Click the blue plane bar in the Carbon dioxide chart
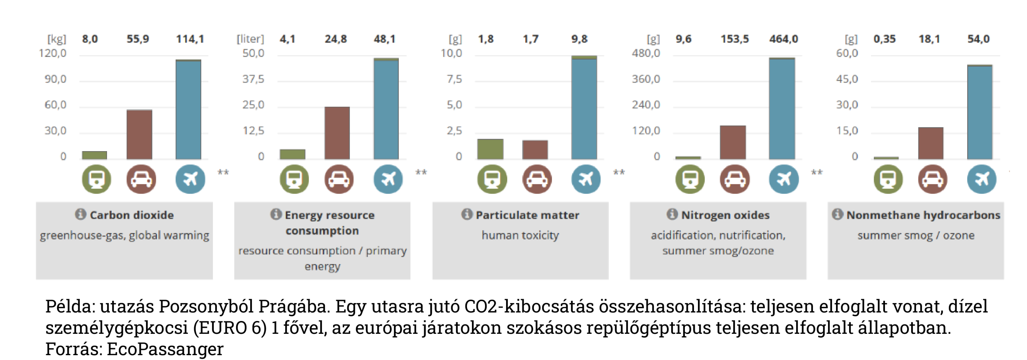point(188,110)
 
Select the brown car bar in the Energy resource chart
point(337,133)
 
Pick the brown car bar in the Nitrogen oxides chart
point(733,142)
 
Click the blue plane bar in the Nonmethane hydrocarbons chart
point(980,112)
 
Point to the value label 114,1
point(190,39)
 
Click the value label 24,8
point(336,39)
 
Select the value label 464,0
point(783,39)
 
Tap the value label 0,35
point(884,39)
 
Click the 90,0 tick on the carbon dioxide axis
point(55,79)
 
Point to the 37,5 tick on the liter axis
point(253,79)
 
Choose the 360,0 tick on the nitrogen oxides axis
point(646,79)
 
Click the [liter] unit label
point(250,39)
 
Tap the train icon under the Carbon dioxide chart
point(96,179)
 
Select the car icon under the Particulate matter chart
point(537,179)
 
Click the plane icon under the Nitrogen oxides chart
point(783,179)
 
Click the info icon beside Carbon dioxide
point(81,214)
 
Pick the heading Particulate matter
point(527,215)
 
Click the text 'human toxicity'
point(520,235)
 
